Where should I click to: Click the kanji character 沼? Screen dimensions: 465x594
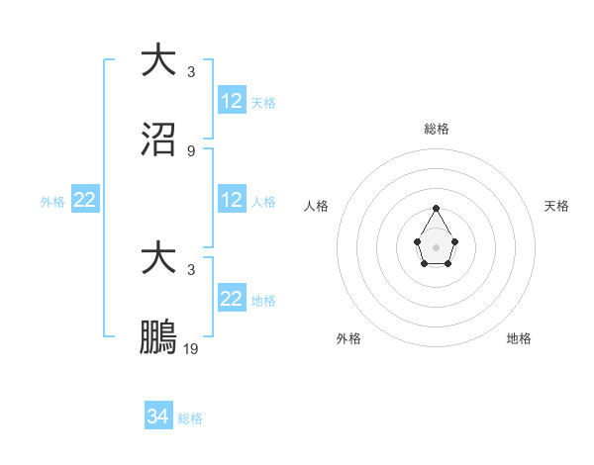tap(158, 140)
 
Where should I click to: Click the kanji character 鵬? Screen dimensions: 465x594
tap(158, 338)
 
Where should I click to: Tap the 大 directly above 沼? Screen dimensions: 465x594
tap(158, 59)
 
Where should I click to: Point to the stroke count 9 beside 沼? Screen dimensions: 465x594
tap(191, 151)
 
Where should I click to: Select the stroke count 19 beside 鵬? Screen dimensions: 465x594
tap(191, 349)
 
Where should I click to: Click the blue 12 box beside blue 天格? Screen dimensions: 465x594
tap(232, 101)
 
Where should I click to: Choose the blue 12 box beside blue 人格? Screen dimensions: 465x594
tap(232, 200)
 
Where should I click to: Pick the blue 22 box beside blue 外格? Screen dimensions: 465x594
tap(85, 200)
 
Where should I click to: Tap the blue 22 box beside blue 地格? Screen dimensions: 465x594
tap(232, 299)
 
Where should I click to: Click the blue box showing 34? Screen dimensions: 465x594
tap(158, 417)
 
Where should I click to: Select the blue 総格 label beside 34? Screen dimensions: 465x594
tap(190, 418)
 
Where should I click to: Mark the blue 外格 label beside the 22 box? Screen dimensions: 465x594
tap(52, 201)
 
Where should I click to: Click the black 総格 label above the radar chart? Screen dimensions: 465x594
tap(437, 129)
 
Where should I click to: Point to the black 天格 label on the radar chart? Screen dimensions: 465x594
tap(556, 206)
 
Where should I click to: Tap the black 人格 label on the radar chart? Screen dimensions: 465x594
tap(317, 206)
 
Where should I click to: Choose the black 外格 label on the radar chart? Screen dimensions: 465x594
tap(348, 338)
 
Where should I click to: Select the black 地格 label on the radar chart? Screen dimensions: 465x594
tap(519, 338)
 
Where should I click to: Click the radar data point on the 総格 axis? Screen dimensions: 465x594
tap(437, 208)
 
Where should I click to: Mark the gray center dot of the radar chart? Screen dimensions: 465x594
tap(437, 246)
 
